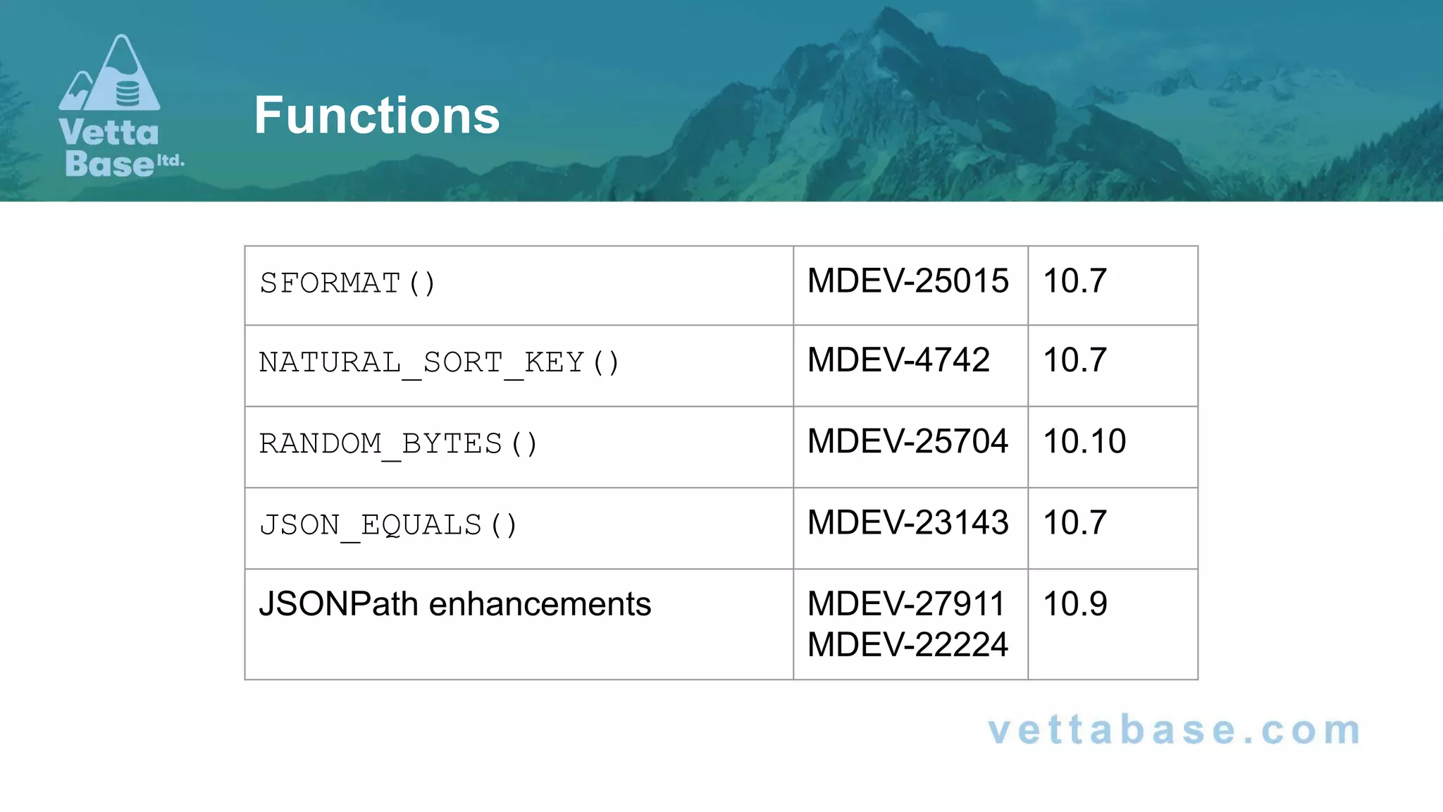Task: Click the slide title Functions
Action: click(377, 116)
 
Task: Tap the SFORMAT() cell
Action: click(347, 283)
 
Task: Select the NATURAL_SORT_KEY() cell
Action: click(439, 363)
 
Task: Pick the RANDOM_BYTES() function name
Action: click(398, 444)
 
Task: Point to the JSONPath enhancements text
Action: click(455, 604)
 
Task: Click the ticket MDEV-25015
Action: click(908, 281)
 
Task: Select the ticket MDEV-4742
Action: click(898, 360)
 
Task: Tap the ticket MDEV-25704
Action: click(908, 441)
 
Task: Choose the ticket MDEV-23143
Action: click(908, 523)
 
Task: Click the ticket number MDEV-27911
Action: click(906, 604)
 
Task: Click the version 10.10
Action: click(1084, 441)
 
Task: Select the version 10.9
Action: click(1074, 604)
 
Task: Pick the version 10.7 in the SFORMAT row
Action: click(1074, 281)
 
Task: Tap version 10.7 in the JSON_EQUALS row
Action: click(1074, 523)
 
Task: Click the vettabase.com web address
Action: click(1175, 730)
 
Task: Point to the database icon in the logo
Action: click(128, 93)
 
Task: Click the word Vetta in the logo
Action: click(109, 133)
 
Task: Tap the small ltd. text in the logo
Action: click(171, 161)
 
